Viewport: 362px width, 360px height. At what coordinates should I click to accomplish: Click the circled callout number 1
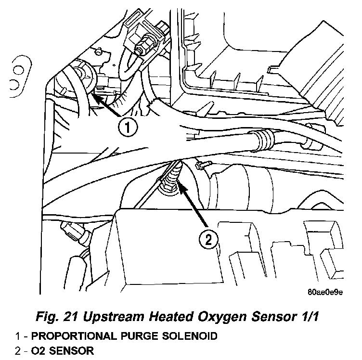[x=128, y=127]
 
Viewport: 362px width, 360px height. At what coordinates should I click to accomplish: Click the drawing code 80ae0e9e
[x=325, y=293]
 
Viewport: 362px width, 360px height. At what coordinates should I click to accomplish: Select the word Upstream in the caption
[x=113, y=317]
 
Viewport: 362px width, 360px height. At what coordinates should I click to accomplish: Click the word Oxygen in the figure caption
[x=222, y=317]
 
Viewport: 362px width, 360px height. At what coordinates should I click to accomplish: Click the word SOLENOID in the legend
[x=190, y=336]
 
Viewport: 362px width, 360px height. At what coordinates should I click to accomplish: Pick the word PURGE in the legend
[x=139, y=336]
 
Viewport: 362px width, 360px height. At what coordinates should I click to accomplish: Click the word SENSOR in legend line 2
[x=72, y=351]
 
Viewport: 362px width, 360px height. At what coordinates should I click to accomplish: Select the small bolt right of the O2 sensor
[x=203, y=165]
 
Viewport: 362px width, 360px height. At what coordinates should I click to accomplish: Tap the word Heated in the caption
[x=170, y=316]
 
